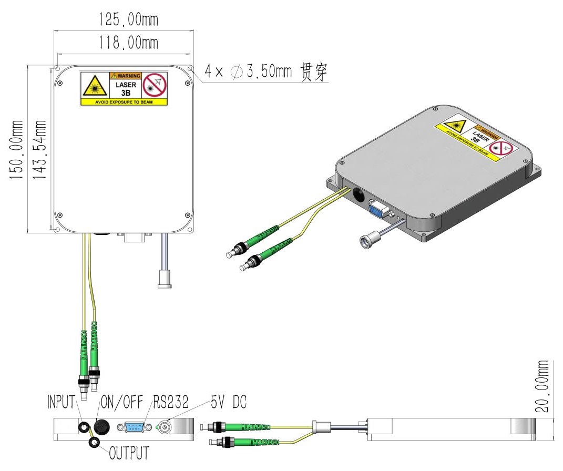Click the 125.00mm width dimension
(128, 19)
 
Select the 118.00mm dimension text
(128, 43)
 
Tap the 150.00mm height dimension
(16, 150)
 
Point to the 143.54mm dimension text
(40, 150)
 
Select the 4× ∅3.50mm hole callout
(265, 72)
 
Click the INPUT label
(62, 402)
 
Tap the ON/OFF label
(122, 402)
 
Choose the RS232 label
(170, 402)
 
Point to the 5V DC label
(229, 402)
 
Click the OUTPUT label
(129, 453)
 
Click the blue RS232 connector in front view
(134, 427)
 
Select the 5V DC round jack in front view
(165, 427)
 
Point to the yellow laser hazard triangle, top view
(95, 86)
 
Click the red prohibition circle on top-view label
(155, 85)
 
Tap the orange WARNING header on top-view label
(125, 76)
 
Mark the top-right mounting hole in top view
(190, 68)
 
